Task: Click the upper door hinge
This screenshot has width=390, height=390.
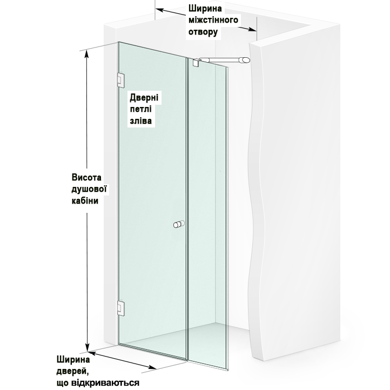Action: [121, 80]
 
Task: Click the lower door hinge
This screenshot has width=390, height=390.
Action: [121, 308]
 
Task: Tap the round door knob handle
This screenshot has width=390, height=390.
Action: [179, 224]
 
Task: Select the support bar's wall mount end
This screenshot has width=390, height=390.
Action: [245, 60]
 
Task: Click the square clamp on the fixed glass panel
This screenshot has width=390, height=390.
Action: [196, 63]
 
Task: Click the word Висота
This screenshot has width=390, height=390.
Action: [86, 178]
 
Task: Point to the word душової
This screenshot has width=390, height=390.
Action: [89, 189]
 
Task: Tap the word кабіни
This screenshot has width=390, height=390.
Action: [85, 201]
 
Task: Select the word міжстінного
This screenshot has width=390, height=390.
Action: [213, 20]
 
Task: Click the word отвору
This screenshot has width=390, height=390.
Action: [203, 32]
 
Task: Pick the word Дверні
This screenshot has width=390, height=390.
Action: [144, 97]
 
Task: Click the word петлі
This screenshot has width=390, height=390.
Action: [140, 109]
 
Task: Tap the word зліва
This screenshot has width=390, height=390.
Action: [141, 121]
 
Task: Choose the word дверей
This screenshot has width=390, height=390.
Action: [72, 372]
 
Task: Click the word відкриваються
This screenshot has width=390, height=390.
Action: [105, 383]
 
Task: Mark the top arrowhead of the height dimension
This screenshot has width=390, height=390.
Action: [86, 54]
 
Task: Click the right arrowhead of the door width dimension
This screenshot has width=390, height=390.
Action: [152, 367]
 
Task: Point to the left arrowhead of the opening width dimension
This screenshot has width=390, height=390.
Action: [160, 10]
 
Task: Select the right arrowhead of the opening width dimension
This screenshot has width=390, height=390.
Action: [252, 29]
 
